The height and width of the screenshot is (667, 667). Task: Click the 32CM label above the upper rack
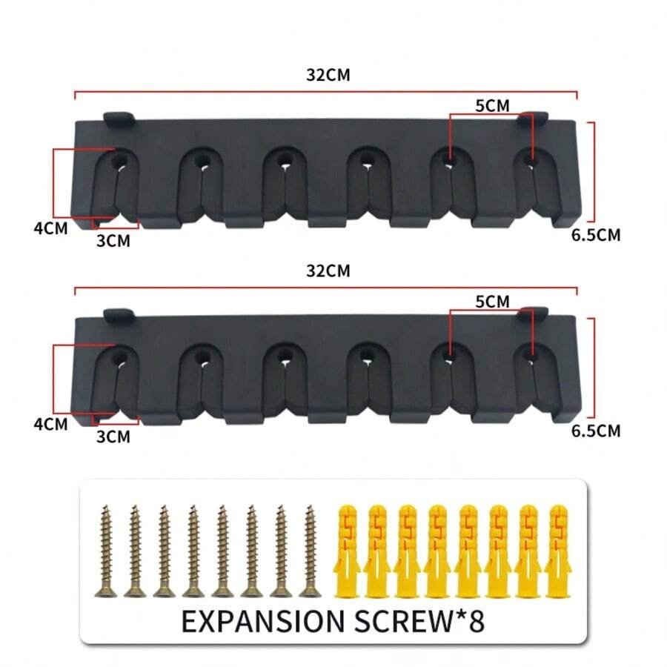328,76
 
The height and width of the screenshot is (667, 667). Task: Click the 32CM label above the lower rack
328,271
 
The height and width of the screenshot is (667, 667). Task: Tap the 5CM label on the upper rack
492,106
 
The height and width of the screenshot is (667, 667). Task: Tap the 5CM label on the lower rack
492,302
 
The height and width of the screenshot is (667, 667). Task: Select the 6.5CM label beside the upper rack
595,236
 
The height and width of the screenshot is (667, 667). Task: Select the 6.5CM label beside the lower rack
595,431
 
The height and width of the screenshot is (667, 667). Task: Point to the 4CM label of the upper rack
50,228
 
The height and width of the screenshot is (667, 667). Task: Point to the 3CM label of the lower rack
113,437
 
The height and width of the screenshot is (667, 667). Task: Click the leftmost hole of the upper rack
119,159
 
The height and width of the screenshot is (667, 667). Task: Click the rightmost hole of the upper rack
528,159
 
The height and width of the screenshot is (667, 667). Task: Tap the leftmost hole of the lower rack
119,356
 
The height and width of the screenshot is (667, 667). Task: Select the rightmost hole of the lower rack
528,356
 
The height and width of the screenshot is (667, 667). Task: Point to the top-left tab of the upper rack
118,117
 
